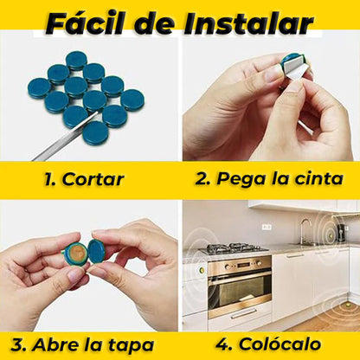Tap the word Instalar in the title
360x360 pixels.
249,23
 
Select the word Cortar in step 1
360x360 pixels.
93,179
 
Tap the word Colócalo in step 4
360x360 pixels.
280,344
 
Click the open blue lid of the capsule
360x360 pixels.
96,251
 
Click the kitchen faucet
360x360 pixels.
304,231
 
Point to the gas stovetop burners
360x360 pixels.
234,248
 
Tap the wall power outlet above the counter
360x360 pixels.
267,227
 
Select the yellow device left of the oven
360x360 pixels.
202,270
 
